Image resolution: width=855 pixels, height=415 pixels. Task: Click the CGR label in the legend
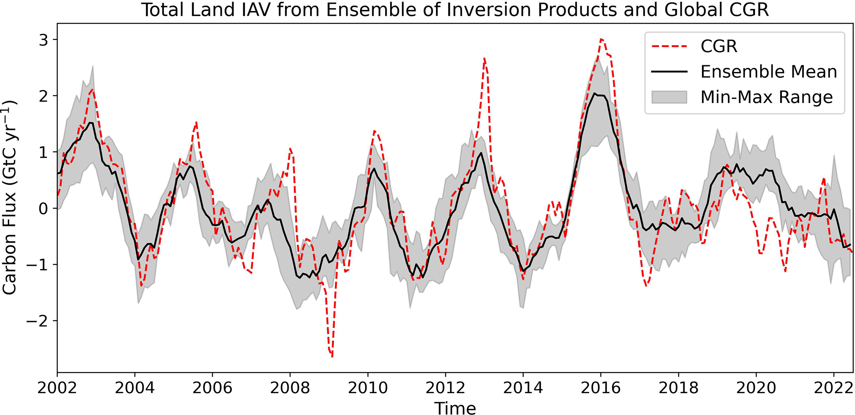click(719, 46)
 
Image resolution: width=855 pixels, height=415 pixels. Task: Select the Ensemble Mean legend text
click(769, 72)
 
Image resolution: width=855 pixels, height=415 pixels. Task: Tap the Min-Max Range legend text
click(766, 98)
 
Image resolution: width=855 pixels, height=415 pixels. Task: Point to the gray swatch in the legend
click(669, 98)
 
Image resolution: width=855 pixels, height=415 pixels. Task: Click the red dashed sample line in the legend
click(669, 46)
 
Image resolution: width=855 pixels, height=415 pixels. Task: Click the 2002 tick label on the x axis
click(57, 388)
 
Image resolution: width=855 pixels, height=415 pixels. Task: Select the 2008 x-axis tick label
click(290, 388)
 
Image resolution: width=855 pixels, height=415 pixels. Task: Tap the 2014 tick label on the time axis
click(523, 388)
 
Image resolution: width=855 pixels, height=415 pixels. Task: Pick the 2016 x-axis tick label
click(601, 388)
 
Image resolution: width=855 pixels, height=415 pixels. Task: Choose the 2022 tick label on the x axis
click(833, 388)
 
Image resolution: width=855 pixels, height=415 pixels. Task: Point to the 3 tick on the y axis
click(43, 40)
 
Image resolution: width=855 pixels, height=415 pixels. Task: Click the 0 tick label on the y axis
click(43, 208)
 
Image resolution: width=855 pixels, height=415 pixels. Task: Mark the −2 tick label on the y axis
click(37, 321)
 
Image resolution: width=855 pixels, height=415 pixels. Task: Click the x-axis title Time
click(455, 408)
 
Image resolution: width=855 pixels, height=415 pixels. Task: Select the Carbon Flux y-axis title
click(10, 198)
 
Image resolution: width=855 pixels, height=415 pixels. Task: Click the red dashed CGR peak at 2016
click(601, 39)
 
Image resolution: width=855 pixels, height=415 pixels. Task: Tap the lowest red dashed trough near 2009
click(332, 356)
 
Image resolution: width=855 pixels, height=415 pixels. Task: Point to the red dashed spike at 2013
click(484, 59)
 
